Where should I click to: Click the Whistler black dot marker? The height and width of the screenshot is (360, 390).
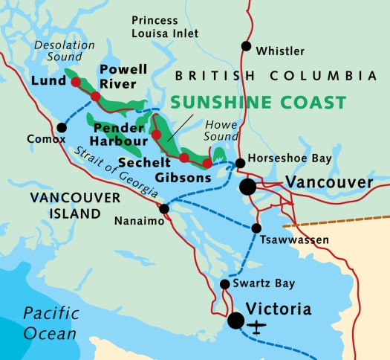click(x=246, y=46)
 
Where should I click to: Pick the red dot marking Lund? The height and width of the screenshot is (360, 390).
click(x=76, y=83)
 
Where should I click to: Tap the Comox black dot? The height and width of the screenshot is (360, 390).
click(x=62, y=127)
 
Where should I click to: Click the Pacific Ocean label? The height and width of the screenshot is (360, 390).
click(x=49, y=323)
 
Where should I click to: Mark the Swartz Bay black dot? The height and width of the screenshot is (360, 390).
click(x=225, y=284)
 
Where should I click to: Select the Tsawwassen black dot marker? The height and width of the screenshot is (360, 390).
click(x=256, y=228)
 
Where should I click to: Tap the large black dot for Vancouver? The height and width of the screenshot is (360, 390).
click(x=247, y=187)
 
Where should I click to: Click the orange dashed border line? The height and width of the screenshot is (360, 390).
click(x=342, y=218)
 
